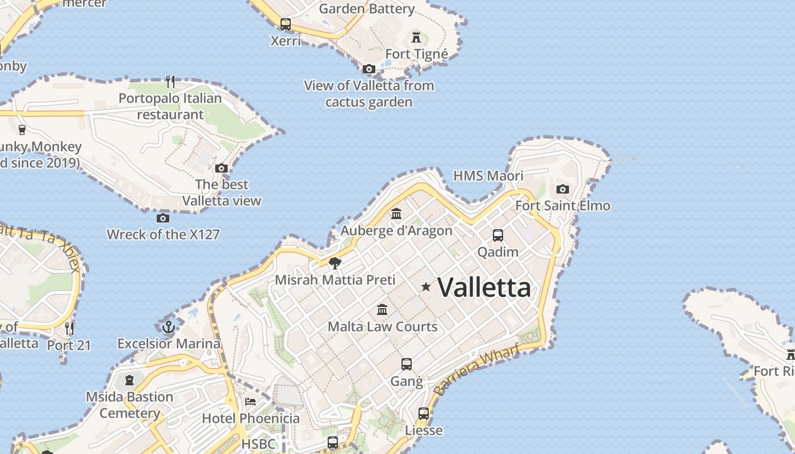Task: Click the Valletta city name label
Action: coord(484,287)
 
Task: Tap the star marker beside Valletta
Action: coord(426,287)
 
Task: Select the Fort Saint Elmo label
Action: coord(562,205)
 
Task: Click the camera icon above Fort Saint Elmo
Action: coord(563,189)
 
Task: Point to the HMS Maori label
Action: coord(488,176)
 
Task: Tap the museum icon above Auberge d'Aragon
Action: coord(396,214)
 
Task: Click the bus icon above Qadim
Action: coord(498,235)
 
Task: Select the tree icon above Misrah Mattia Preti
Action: coord(335,263)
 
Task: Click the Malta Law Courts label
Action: coord(382,326)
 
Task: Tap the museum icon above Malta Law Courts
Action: coord(382,310)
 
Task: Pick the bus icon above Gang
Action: coord(407,364)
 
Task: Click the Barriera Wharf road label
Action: coord(476,370)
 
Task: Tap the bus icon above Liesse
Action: coord(424,414)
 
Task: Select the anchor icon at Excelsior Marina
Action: coord(168,327)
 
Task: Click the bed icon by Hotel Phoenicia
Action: coord(250,402)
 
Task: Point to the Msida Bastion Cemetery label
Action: coord(129,405)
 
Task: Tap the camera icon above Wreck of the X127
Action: coord(163,218)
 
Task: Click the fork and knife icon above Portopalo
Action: coord(170,82)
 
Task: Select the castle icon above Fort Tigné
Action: coord(417,38)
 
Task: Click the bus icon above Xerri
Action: coord(286,24)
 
